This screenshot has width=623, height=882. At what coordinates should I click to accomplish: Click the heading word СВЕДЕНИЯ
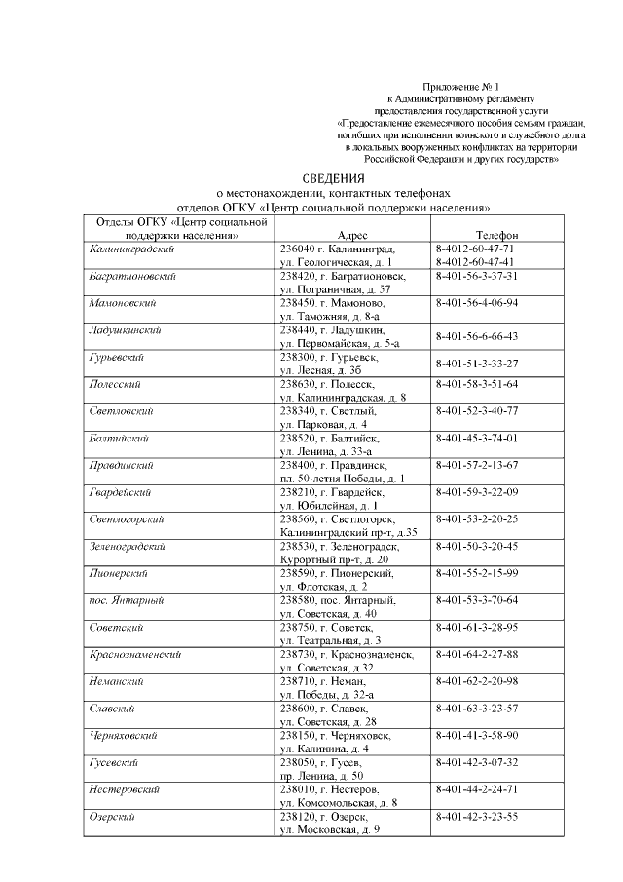point(333,178)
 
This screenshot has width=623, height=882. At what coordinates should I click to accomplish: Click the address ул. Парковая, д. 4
point(323,424)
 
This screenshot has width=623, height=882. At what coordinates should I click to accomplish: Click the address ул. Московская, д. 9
point(329,828)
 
